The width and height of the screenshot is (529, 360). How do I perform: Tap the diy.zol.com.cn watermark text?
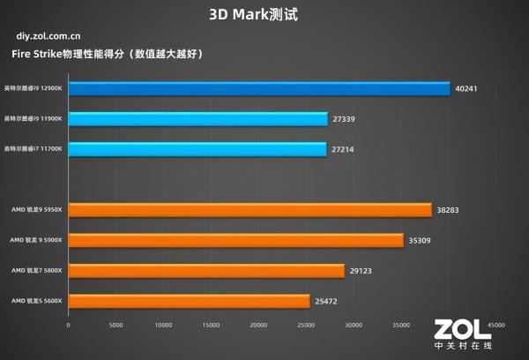pos(49,37)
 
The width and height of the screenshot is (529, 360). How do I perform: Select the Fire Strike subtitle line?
pos(108,55)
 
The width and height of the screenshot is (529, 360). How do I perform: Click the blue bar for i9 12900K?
pos(258,88)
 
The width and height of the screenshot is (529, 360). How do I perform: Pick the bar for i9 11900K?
pos(197,119)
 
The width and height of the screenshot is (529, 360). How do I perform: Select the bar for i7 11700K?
pos(197,149)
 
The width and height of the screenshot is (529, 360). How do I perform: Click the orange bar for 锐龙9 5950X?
pos(250,210)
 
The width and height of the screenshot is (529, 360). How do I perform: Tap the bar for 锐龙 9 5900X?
pos(235,240)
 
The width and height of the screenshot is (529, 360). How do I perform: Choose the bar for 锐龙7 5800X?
pos(205,271)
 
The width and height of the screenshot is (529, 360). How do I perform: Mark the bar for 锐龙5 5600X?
pos(189,301)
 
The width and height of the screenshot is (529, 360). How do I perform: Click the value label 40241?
pos(468,88)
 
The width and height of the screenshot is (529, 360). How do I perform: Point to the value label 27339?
pos(345,119)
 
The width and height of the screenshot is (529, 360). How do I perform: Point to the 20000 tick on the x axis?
pos(258,325)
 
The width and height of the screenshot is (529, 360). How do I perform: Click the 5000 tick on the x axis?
pos(115,325)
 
